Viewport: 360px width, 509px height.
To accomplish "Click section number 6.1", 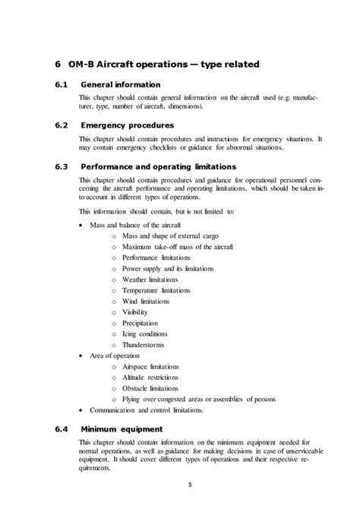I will pyautogui.click(x=64, y=84).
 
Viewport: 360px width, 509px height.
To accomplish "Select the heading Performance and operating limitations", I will pyautogui.click(x=158, y=166).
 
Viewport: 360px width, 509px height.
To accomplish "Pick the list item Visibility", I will pyautogui.click(x=135, y=311).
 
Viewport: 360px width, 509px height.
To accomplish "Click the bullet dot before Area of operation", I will pyautogui.click(x=82, y=355).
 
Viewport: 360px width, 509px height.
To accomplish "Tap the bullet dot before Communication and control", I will pyautogui.click(x=82, y=410).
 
